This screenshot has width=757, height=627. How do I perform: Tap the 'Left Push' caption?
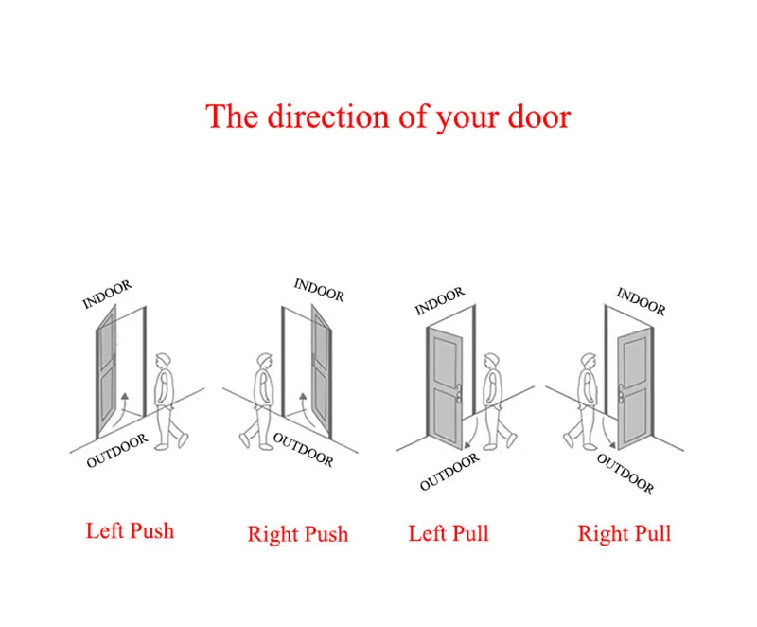coord(130,530)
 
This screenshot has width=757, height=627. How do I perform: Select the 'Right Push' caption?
coord(298,534)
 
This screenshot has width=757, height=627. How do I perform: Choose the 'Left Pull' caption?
coord(449,533)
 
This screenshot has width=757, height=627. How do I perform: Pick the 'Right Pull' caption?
coord(625,534)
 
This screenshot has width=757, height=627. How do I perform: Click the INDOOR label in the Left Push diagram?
coord(107,294)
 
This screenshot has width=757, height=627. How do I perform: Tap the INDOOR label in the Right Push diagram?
coord(320,289)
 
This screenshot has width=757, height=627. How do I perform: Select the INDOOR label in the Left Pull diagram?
coord(440,302)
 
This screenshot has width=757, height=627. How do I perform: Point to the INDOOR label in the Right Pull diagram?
coord(641,301)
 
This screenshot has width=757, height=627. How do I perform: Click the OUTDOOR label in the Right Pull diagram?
coord(625,473)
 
